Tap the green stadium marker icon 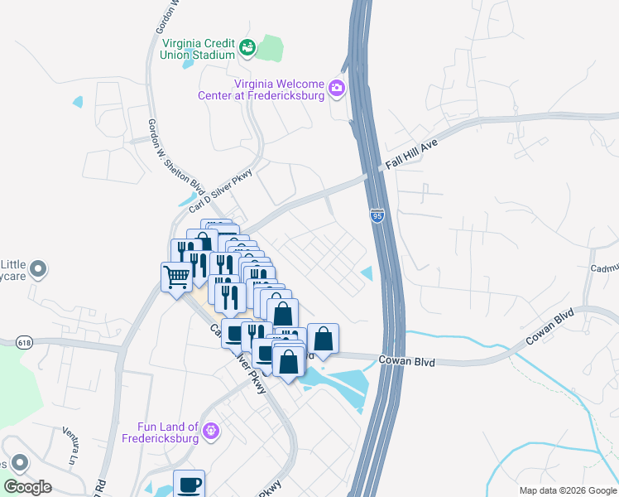[247, 49]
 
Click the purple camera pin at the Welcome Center [336, 88]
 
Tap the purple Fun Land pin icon [212, 430]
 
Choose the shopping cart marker [175, 277]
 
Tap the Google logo [27, 487]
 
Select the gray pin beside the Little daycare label [41, 269]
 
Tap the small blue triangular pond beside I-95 [367, 273]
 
